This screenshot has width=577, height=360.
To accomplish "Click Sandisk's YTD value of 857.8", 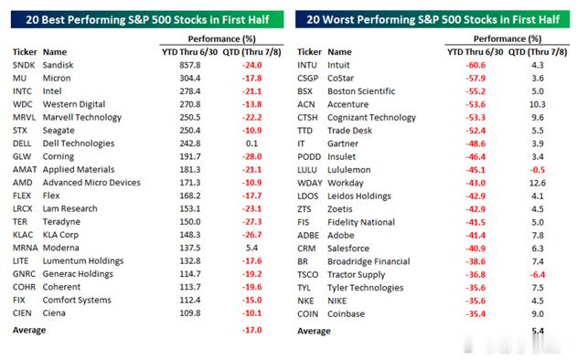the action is click(x=190, y=65).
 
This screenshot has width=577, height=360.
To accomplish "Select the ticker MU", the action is click(x=19, y=79).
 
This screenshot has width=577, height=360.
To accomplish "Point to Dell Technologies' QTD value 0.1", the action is click(x=251, y=143).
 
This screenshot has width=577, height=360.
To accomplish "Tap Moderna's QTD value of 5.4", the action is click(x=251, y=248).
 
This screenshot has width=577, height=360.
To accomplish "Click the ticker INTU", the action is click(x=307, y=65).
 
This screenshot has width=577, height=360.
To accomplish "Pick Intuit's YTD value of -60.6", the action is click(x=475, y=65).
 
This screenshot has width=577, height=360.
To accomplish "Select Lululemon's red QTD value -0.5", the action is click(x=538, y=170).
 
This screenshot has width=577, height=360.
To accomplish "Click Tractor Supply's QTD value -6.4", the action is click(x=538, y=275).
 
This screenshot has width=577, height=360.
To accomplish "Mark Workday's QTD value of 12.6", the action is click(x=538, y=183).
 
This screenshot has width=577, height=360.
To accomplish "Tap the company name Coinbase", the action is click(x=346, y=314).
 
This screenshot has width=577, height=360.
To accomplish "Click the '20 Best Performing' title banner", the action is click(x=147, y=19).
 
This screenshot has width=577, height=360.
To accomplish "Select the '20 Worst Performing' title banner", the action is click(x=433, y=19).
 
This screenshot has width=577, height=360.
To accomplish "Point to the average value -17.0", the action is click(x=251, y=330).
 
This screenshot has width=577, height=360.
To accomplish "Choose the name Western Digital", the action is click(x=74, y=104).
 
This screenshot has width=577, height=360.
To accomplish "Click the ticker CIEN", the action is click(x=22, y=312).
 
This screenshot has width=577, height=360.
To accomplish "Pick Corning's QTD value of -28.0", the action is click(x=251, y=156).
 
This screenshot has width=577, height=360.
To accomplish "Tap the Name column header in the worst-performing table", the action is click(x=339, y=52).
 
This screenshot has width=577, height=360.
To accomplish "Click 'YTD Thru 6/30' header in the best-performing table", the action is click(x=189, y=52).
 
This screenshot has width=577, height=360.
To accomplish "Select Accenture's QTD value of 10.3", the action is click(x=538, y=104).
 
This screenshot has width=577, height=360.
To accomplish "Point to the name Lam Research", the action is click(x=69, y=208).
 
